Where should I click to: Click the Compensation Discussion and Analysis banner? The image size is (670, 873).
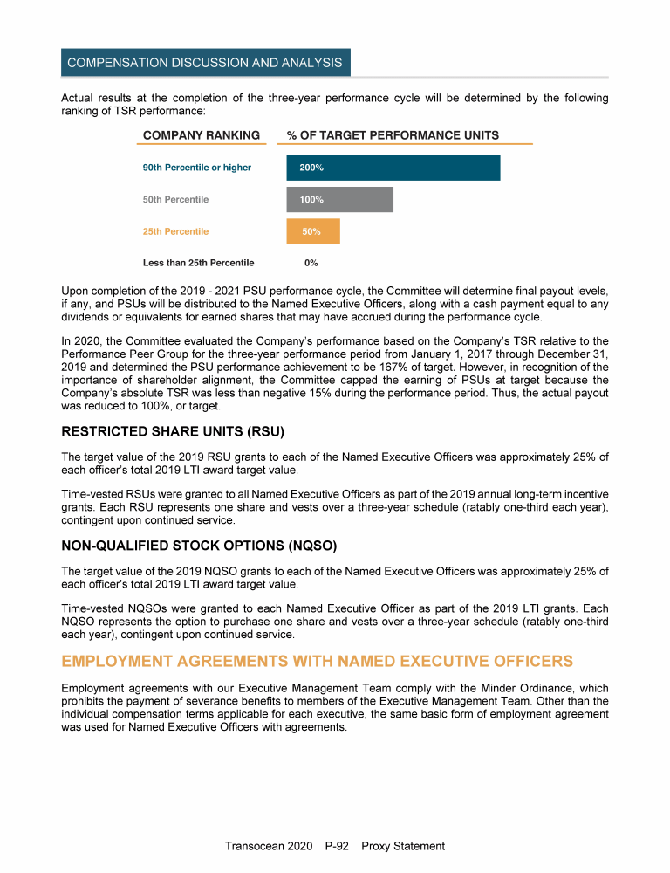[x=205, y=63]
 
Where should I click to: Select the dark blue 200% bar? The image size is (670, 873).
[x=393, y=168]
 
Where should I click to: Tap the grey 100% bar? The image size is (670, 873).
[x=339, y=200]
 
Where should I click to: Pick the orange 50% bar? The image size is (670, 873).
[x=312, y=231]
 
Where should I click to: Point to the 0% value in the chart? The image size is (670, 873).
[x=311, y=263]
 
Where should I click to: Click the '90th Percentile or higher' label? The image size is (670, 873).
[x=196, y=168]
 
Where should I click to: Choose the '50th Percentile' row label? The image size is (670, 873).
[x=175, y=200]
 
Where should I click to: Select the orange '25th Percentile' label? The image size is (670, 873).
[x=175, y=231]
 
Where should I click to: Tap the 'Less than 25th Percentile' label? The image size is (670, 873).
[x=198, y=263]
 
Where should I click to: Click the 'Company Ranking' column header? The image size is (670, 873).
[x=201, y=135]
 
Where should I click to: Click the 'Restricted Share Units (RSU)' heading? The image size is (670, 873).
[x=174, y=432]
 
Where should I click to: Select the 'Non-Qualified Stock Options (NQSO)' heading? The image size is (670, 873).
[x=200, y=546]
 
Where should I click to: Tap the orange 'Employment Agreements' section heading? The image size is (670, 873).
[x=318, y=661]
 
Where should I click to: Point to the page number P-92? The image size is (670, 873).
[x=337, y=846]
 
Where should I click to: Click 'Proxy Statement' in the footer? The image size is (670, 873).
[x=403, y=846]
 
